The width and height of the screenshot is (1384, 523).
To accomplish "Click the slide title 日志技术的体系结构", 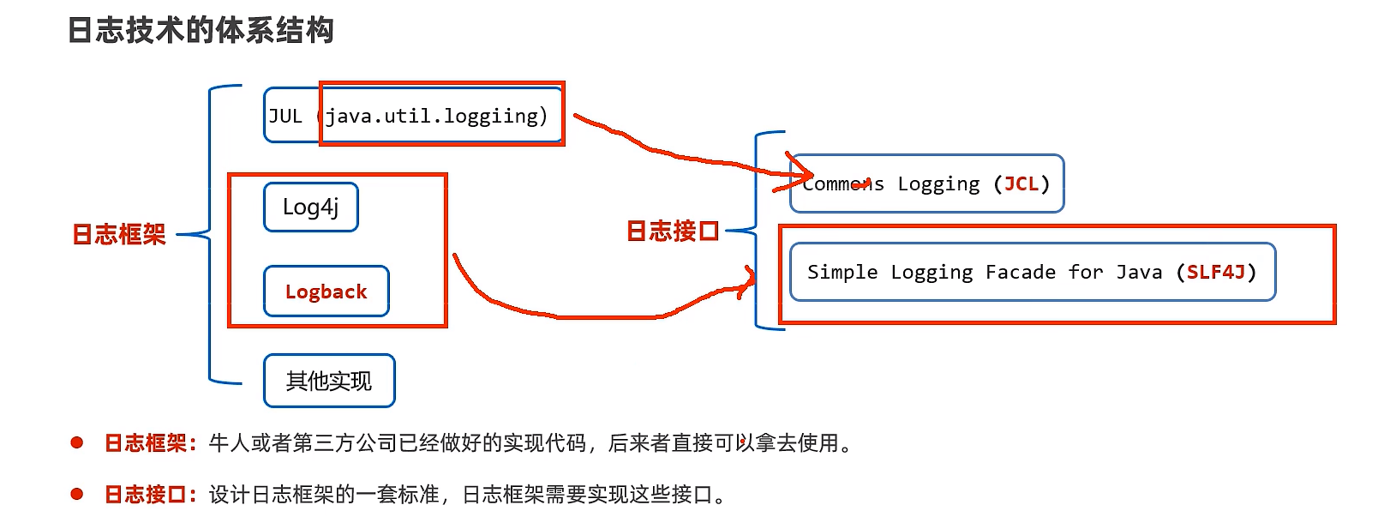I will pos(201,31).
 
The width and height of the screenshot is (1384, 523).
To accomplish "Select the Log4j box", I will pos(310,207).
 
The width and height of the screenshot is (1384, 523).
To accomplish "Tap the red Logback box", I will pos(326,292).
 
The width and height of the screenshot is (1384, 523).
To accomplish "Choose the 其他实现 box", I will pos(329,381).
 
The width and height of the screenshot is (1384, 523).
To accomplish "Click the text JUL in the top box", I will pos(285,116).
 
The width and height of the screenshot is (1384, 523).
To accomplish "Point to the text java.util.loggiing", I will pos(434,116).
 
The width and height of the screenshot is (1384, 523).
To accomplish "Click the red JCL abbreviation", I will pos(1021,183).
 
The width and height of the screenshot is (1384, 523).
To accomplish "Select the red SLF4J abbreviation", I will pos(1215,272).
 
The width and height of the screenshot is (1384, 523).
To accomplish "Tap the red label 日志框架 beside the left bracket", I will pos(119,234).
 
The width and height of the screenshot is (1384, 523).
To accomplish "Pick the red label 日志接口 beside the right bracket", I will pos(673,231).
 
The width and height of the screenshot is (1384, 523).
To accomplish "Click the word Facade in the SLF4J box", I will pos(1020,272).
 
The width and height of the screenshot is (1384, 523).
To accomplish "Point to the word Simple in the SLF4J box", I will pos(842,272).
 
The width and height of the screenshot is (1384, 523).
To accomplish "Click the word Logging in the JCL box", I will pos(938,183).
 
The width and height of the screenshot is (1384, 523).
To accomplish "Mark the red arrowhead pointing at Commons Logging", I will pos(802,172).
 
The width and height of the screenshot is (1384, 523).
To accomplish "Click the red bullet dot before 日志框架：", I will pos(77,442).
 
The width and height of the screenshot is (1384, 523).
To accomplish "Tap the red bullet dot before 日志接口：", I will pos(77,494).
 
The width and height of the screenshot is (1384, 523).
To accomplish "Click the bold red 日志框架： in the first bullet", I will pos(150,443).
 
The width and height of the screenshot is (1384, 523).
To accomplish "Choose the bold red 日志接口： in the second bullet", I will pos(150,495).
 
